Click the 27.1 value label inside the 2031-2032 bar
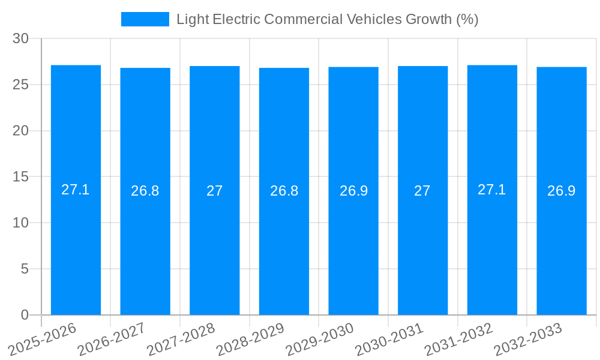point(492,190)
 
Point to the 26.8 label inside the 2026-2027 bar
point(145,191)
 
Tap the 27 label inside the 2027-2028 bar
point(215,191)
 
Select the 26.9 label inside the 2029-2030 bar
point(353,191)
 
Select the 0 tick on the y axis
point(25,315)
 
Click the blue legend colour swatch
point(145,19)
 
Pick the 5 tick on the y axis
point(25,269)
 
